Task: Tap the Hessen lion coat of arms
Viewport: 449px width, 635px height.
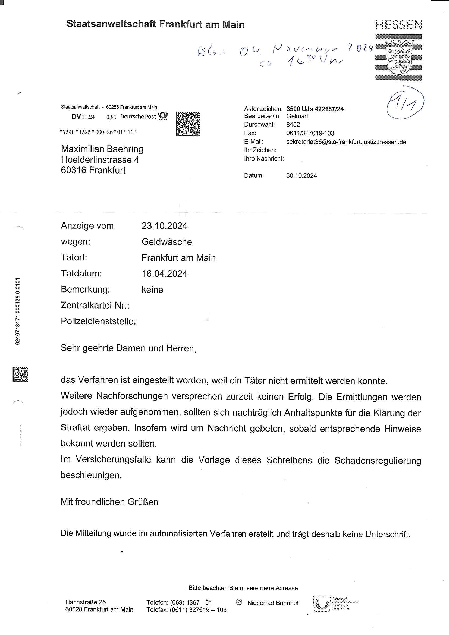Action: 398,57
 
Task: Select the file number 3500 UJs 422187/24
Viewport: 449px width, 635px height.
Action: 315,109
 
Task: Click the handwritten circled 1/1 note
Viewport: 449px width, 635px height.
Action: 405,103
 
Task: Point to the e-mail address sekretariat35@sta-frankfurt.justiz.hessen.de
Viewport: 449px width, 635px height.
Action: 346,142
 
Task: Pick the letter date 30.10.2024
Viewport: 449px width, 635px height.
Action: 302,176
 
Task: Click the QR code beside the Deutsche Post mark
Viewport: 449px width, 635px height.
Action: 188,124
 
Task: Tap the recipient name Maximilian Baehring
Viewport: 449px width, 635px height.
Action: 102,149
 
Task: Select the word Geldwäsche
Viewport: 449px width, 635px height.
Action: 167,242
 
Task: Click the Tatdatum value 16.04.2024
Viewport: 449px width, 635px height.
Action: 164,274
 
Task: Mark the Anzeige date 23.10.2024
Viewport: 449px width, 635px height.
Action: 164,226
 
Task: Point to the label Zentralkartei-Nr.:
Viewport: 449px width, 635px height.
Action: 95,306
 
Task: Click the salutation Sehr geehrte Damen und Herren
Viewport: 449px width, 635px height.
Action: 128,348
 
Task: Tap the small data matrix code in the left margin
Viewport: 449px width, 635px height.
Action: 20,375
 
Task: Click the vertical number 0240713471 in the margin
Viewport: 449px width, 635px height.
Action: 18,311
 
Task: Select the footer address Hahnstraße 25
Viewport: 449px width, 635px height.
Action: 86,602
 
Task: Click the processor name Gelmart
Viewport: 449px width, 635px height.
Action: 297,116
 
